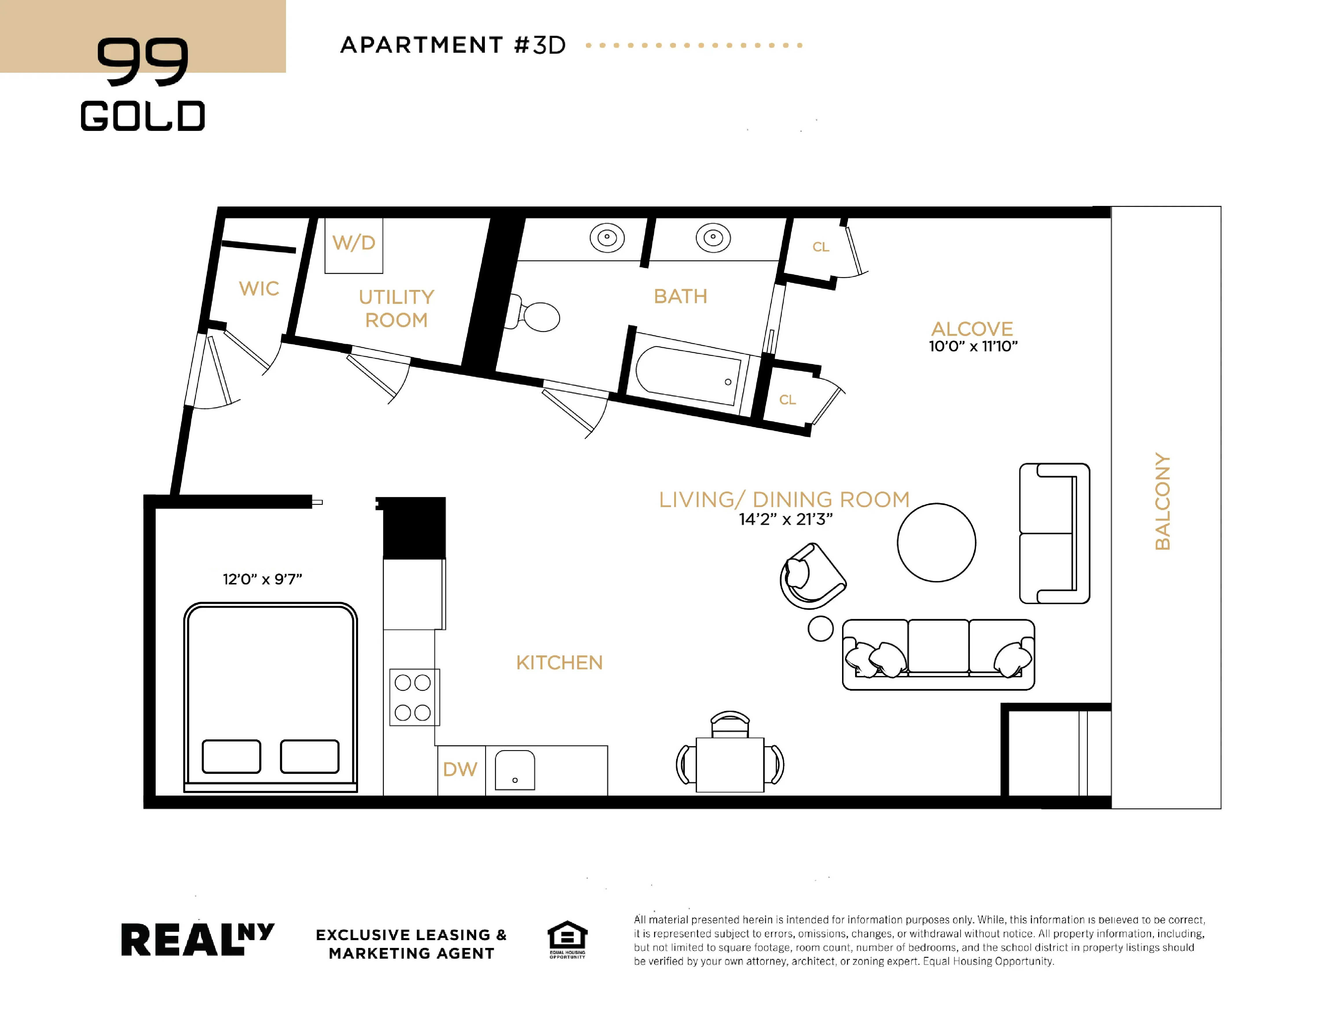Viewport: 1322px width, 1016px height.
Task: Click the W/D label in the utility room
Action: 354,242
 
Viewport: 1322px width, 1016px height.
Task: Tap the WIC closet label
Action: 259,288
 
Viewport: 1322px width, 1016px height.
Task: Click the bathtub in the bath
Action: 688,375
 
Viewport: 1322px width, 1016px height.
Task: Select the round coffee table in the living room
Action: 936,542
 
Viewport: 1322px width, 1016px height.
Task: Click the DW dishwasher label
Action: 460,769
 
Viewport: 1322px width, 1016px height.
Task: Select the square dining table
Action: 730,764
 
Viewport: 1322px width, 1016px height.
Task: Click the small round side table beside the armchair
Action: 820,628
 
